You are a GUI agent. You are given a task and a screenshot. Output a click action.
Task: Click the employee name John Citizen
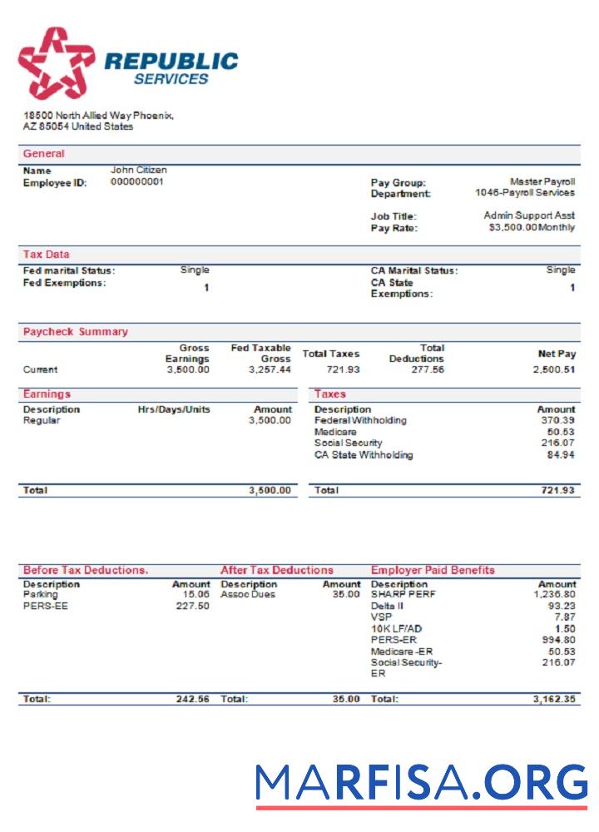tap(139, 171)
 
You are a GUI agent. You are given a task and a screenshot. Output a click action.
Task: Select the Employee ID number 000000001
tap(137, 181)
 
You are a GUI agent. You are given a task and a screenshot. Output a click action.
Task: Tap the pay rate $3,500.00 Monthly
tap(532, 228)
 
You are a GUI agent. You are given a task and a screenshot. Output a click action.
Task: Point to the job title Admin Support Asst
tap(529, 215)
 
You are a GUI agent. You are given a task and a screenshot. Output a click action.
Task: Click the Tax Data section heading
tap(47, 255)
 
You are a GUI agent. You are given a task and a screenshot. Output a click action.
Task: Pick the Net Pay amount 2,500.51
tap(554, 369)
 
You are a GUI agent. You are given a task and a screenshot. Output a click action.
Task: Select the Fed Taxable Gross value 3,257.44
tap(270, 369)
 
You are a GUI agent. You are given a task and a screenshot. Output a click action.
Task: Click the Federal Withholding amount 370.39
tap(557, 421)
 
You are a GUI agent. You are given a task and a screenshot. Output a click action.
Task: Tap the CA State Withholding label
tap(364, 455)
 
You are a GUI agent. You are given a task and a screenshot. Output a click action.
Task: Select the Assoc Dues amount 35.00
tap(346, 595)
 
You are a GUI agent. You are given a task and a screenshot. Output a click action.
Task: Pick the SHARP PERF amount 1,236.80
tap(554, 595)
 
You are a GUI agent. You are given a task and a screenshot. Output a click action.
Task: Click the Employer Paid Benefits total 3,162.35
tap(554, 700)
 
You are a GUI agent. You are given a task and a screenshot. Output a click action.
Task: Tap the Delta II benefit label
tap(384, 607)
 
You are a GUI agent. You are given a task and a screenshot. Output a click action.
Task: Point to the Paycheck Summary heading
tap(76, 332)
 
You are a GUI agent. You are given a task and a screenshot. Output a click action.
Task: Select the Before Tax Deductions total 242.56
tap(192, 700)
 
